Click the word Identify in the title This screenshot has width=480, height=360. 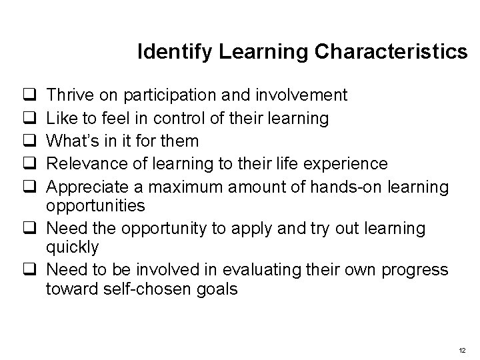[163, 52]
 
